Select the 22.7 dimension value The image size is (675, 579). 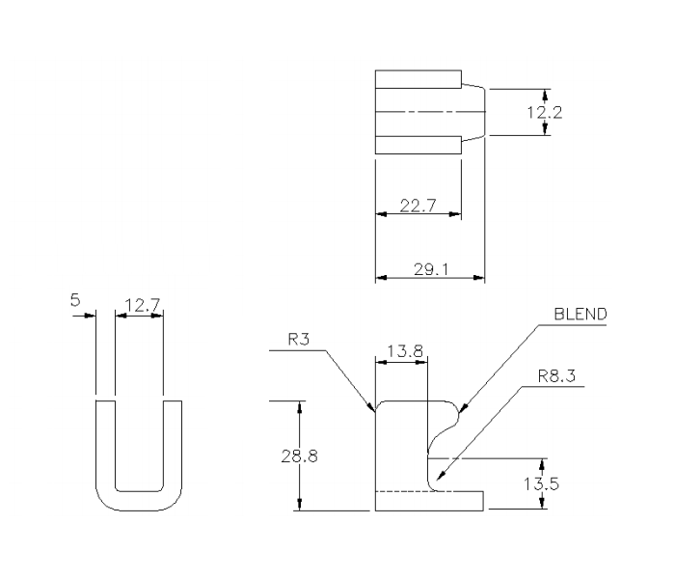pyautogui.click(x=418, y=204)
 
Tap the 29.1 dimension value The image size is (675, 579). pyautogui.click(x=429, y=269)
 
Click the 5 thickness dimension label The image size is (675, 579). pyautogui.click(x=75, y=301)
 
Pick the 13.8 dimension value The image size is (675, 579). pyautogui.click(x=402, y=352)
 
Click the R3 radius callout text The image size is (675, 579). pyautogui.click(x=299, y=340)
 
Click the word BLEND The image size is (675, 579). pyautogui.click(x=580, y=316)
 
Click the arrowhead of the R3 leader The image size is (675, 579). pyautogui.click(x=371, y=409)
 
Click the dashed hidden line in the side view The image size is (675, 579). pyautogui.click(x=400, y=492)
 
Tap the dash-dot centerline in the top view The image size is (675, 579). pyautogui.click(x=424, y=112)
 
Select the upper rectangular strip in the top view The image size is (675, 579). pyautogui.click(x=418, y=79)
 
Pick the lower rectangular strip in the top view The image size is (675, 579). pyautogui.click(x=418, y=145)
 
